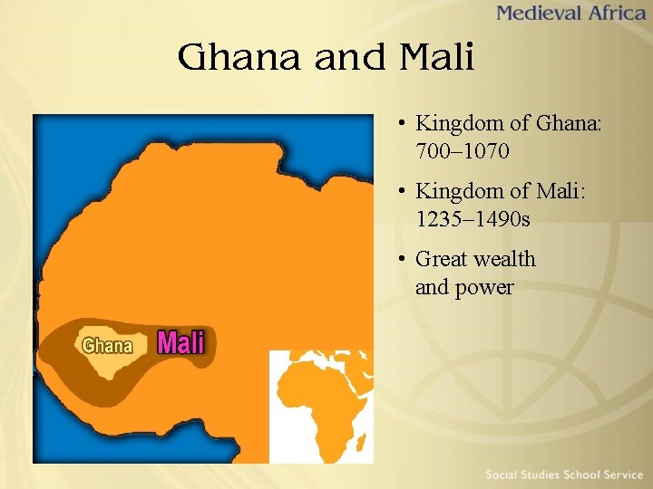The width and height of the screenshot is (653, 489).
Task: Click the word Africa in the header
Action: (x=611, y=14)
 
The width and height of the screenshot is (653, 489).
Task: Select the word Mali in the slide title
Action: (x=436, y=58)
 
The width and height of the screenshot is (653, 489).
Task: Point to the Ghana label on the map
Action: (x=107, y=345)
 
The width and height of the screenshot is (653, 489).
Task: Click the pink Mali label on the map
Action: (x=181, y=342)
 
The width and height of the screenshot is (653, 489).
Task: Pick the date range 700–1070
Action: (x=463, y=150)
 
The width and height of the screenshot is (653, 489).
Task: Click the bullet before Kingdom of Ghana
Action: (x=401, y=122)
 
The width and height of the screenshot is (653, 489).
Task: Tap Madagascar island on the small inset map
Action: (x=361, y=443)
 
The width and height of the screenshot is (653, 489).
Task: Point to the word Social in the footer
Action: (x=502, y=475)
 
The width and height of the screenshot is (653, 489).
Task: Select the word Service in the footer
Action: (x=619, y=475)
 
